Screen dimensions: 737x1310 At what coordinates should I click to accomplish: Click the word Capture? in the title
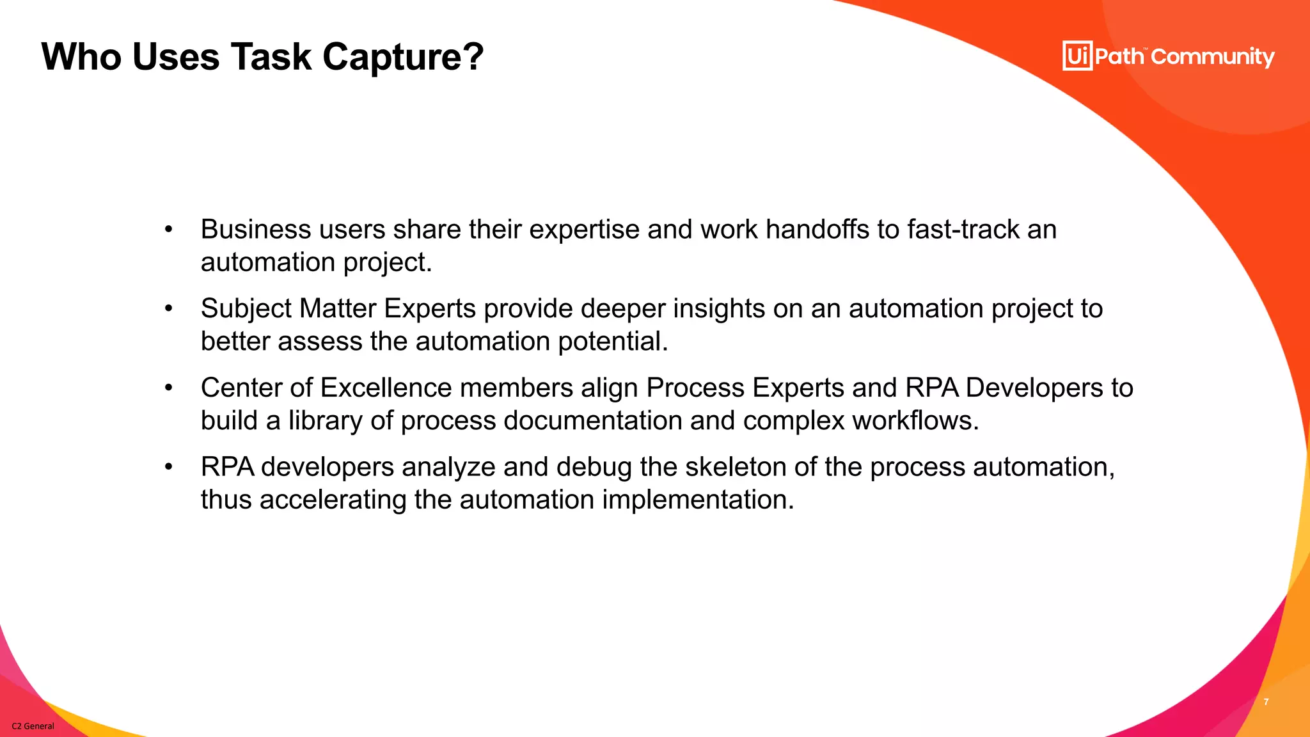[x=402, y=58]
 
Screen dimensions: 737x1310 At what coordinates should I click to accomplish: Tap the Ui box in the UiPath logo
[x=1077, y=56]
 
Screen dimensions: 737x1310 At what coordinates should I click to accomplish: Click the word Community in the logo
[x=1213, y=57]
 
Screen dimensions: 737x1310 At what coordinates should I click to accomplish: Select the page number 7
[x=1266, y=702]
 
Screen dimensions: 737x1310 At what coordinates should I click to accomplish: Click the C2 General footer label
[x=33, y=726]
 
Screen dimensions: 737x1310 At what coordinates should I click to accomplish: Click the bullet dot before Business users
[x=168, y=230]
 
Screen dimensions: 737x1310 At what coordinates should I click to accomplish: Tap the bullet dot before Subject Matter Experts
[x=168, y=309]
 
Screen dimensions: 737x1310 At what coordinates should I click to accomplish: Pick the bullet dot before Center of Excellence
[x=168, y=388]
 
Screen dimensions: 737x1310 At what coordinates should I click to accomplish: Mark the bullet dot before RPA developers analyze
[x=168, y=467]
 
